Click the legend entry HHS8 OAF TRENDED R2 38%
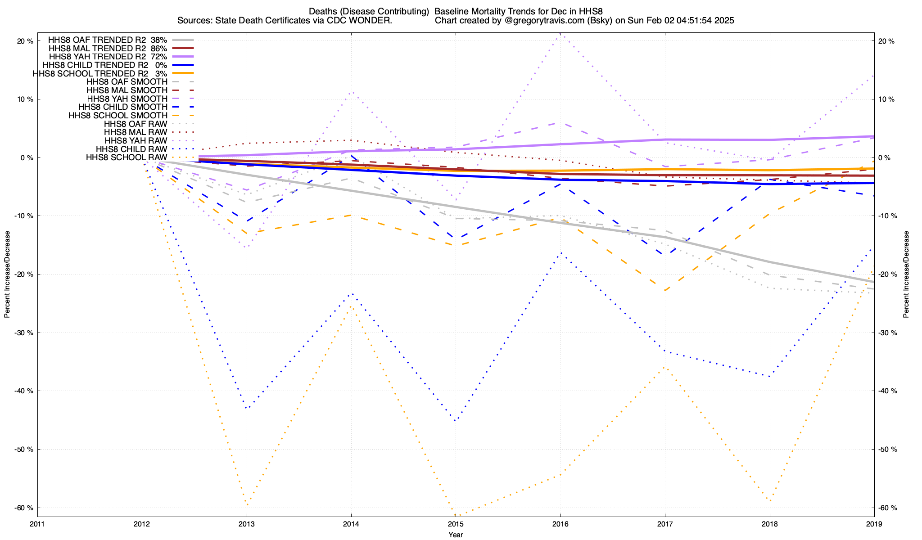(108, 40)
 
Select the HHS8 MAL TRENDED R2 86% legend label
(108, 48)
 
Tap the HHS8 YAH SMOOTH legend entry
(127, 99)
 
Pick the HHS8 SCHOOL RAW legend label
(127, 157)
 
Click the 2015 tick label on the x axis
(456, 524)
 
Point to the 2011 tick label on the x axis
(37, 524)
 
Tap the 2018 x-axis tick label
(769, 524)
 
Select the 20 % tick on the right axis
(886, 41)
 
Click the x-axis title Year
(456, 535)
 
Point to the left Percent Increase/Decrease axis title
(7, 274)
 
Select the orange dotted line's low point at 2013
(247, 504)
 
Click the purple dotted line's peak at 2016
(560, 34)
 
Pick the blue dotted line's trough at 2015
(456, 420)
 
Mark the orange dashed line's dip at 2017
(665, 291)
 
